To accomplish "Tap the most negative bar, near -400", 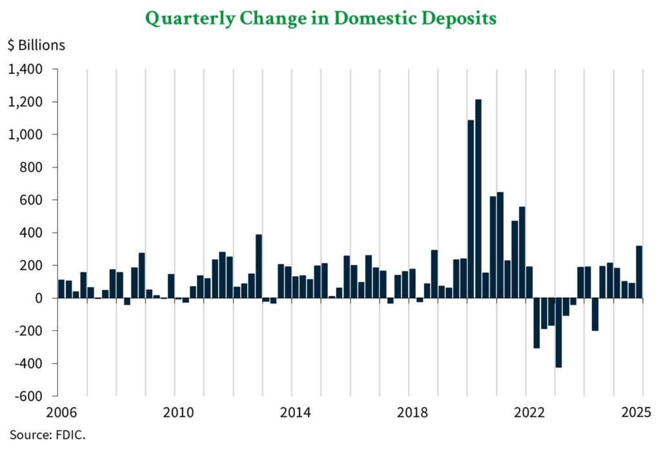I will coord(558,332).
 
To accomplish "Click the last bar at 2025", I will coord(639,272).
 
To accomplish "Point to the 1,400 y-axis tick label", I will coord(26,69).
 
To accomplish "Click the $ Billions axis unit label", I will coord(37,45).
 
